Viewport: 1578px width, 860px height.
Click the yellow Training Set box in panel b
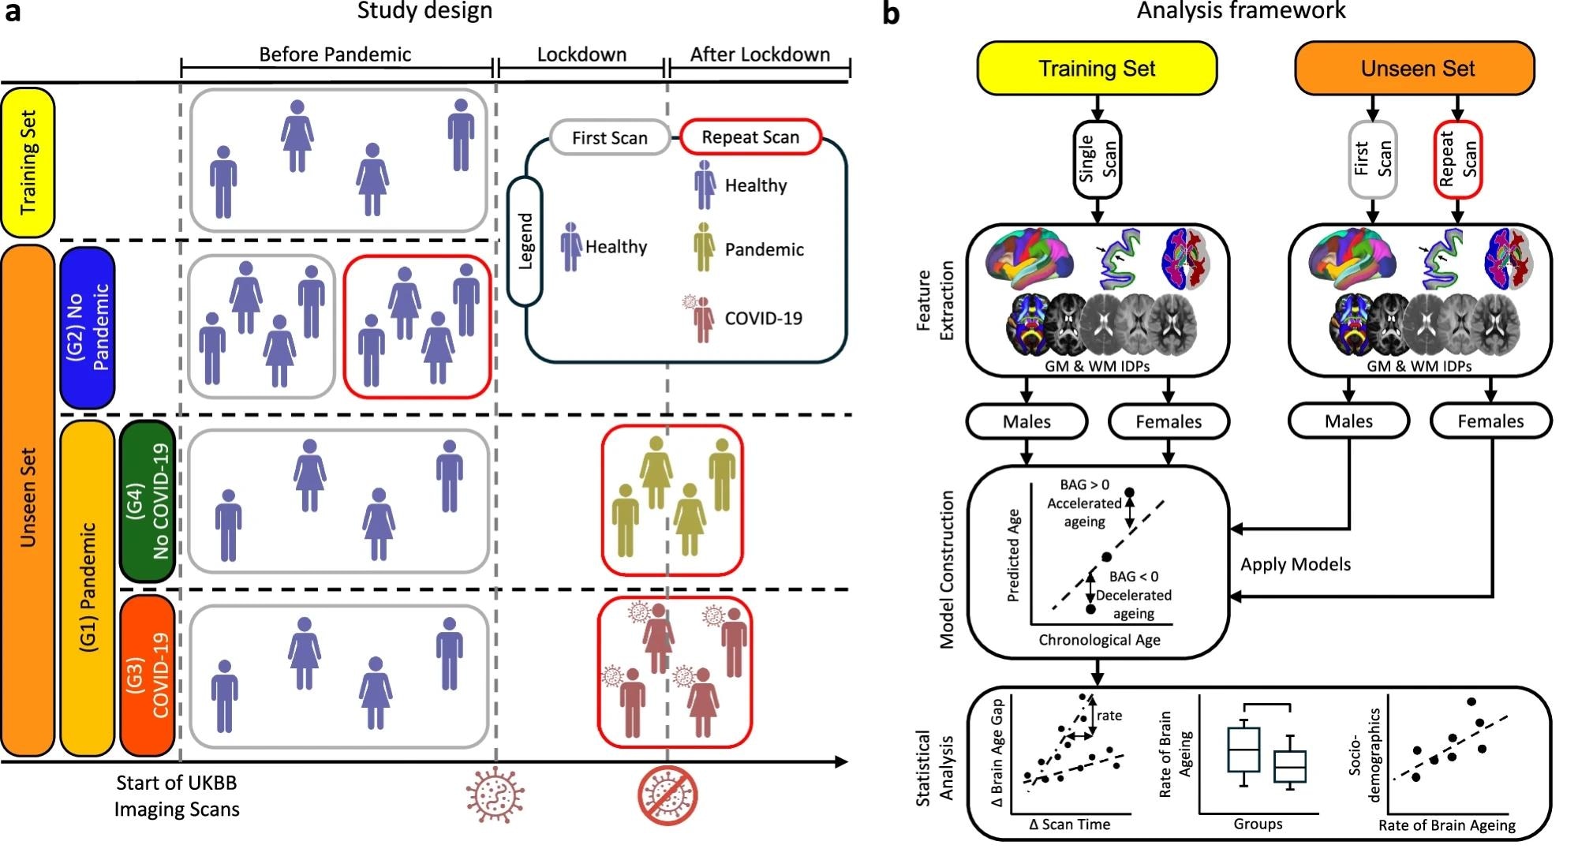pyautogui.click(x=1097, y=69)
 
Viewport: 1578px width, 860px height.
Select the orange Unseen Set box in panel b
pyautogui.click(x=1417, y=69)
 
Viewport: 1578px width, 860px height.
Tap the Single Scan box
pyautogui.click(x=1097, y=160)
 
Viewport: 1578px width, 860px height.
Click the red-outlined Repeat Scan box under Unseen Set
pyautogui.click(x=1457, y=159)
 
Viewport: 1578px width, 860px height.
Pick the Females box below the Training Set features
pyautogui.click(x=1169, y=421)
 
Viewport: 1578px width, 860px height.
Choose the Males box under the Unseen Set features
pyautogui.click(x=1348, y=421)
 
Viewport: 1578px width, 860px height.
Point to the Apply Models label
pyautogui.click(x=1296, y=564)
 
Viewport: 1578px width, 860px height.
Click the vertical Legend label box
pyautogui.click(x=525, y=241)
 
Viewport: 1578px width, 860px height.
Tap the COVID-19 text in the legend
pyautogui.click(x=763, y=319)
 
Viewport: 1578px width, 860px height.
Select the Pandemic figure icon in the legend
pyautogui.click(x=704, y=247)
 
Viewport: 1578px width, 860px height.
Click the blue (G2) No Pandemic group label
pyautogui.click(x=88, y=327)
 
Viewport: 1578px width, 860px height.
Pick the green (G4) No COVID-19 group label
pyautogui.click(x=148, y=502)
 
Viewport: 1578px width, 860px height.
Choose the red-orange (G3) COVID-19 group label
pyautogui.click(x=148, y=675)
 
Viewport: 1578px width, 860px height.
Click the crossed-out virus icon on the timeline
pyautogui.click(x=668, y=796)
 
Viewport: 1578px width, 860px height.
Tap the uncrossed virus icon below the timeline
pyautogui.click(x=495, y=795)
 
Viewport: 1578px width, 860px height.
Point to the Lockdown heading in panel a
pyautogui.click(x=581, y=54)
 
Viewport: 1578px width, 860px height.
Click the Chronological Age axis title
pyautogui.click(x=1099, y=640)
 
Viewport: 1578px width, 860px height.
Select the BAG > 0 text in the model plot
pyautogui.click(x=1084, y=484)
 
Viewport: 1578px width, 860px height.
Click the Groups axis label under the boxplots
pyautogui.click(x=1258, y=824)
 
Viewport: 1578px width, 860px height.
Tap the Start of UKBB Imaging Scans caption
pyautogui.click(x=177, y=796)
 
